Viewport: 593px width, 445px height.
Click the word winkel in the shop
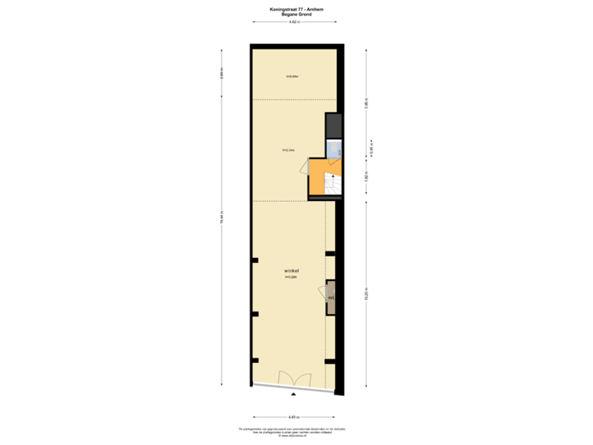290,270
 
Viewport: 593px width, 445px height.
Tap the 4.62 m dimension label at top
294,22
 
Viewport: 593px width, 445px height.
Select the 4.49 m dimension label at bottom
294,417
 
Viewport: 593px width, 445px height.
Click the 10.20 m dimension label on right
366,297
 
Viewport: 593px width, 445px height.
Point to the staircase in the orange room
332,186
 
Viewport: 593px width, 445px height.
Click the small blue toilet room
334,149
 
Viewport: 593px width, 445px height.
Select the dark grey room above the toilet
334,126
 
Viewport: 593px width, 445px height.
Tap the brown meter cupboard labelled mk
331,297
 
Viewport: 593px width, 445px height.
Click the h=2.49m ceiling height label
292,77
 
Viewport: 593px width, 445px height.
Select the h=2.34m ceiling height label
288,151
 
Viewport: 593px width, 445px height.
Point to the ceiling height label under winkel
290,277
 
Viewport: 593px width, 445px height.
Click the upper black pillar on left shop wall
254,266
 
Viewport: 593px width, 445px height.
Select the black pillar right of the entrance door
329,361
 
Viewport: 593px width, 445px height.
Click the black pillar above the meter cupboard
329,253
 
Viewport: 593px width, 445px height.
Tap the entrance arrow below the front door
294,396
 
